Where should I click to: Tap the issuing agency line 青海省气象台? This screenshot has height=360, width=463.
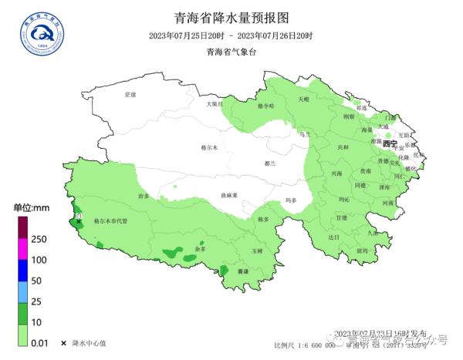[x=231, y=52]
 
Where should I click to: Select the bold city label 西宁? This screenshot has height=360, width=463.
[x=390, y=144]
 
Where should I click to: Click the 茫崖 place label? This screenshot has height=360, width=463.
[x=130, y=94]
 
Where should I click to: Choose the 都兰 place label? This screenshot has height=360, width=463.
[x=269, y=163]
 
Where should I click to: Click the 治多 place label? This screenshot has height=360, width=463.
[x=144, y=197]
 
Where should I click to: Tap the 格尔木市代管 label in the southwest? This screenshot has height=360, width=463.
[x=110, y=220]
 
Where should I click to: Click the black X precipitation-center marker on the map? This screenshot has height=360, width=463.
[x=79, y=221]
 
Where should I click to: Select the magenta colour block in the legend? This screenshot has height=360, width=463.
[x=23, y=247]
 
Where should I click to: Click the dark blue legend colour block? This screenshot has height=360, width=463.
[x=23, y=270]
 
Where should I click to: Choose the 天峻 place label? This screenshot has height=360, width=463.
[x=302, y=99]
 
